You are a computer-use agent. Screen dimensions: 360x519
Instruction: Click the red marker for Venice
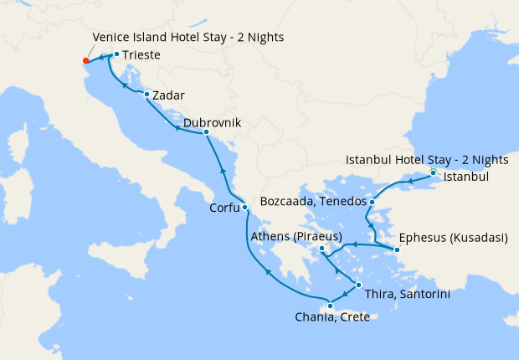tap(86, 60)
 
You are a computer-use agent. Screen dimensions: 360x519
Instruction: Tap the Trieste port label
tap(141, 56)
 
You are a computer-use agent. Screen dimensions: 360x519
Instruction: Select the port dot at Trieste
tap(116, 54)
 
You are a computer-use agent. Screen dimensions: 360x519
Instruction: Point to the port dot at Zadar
tap(146, 94)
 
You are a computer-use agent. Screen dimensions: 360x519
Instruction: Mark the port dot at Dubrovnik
tap(206, 132)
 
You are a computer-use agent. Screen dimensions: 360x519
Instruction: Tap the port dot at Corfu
tap(244, 208)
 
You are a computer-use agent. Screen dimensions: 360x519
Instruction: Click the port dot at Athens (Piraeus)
tap(321, 249)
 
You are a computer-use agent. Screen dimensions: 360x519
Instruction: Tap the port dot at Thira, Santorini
tap(359, 286)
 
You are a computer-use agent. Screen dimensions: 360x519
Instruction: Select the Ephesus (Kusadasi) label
tap(453, 238)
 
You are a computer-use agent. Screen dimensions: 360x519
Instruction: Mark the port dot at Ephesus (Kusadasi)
tap(397, 249)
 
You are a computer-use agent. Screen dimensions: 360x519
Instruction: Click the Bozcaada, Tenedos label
tap(313, 203)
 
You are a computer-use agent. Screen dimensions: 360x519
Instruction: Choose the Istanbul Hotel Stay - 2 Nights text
tap(415, 160)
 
